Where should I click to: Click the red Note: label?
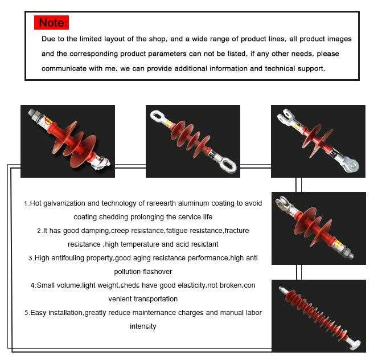pyautogui.click(x=51, y=22)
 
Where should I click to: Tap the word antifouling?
pyautogui.click(x=68, y=258)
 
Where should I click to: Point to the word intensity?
pyautogui.click(x=143, y=326)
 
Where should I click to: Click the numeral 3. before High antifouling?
pyautogui.click(x=31, y=258)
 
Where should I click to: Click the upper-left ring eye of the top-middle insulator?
pyautogui.click(x=158, y=117)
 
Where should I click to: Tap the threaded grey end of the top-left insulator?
pyautogui.click(x=34, y=114)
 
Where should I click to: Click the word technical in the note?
pyautogui.click(x=280, y=68)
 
